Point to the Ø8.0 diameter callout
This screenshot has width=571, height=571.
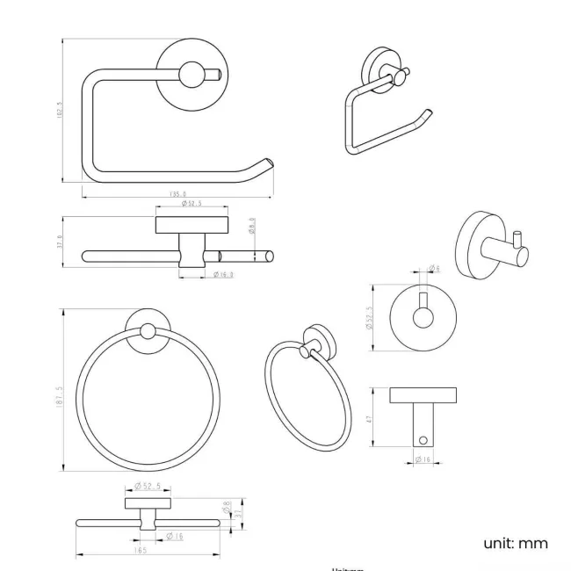[x=253, y=226]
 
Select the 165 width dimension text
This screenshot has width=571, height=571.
[x=141, y=550]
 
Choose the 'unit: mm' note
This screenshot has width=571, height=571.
[x=515, y=543]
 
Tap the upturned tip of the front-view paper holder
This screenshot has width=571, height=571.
[x=264, y=163]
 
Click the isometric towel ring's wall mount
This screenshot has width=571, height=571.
[x=317, y=340]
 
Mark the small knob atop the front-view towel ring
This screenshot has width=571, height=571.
[x=148, y=332]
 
